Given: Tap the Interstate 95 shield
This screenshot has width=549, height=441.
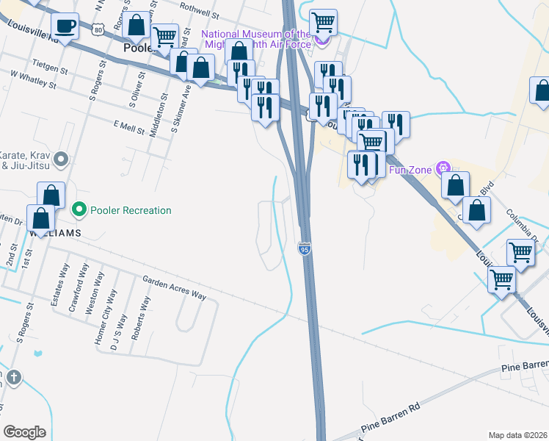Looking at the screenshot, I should click(305, 250).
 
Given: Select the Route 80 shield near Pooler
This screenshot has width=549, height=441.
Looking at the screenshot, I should click(100, 27).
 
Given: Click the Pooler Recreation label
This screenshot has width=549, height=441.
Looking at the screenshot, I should click(131, 211).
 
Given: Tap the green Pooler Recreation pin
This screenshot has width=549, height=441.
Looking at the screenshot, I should click(79, 211).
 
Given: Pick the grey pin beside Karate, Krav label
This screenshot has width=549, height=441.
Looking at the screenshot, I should click(62, 159).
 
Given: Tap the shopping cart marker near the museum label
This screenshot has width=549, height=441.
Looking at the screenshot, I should click(323, 24).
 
